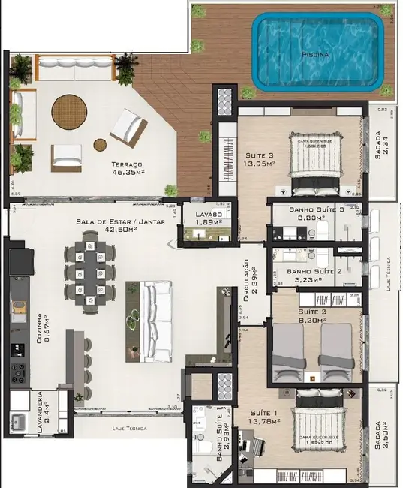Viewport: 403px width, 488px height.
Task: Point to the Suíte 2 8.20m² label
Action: click(x=311, y=315)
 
